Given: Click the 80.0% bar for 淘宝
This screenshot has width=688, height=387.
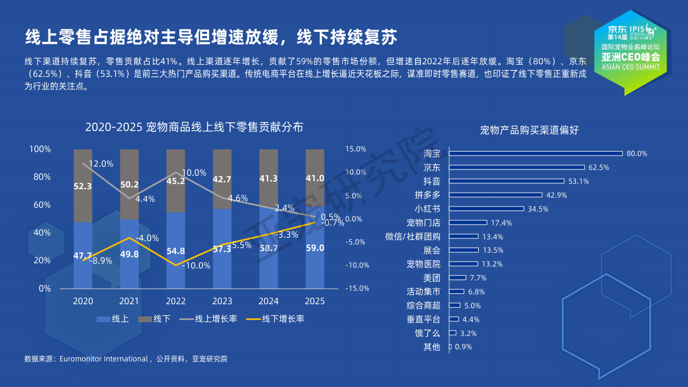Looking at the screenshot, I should tap(536, 153).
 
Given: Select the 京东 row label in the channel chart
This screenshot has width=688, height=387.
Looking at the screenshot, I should tap(431, 168).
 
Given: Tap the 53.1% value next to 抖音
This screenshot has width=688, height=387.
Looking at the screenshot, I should tap(578, 181).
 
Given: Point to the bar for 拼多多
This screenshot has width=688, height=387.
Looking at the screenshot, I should tap(496, 195).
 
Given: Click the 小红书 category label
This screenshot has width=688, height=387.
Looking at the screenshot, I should tap(427, 209).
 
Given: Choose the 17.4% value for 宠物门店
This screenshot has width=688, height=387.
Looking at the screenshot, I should tap(502, 223).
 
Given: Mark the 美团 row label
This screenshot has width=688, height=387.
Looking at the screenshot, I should tap(431, 278).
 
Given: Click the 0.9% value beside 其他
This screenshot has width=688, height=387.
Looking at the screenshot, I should tap(464, 347).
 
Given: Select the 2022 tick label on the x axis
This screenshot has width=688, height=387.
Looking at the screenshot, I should tap(176, 301).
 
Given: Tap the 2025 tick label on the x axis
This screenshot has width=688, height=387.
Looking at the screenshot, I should tap(315, 301).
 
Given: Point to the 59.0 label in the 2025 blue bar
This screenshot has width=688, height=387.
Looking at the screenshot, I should tap(315, 248).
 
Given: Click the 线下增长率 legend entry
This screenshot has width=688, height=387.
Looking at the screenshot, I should tap(275, 319).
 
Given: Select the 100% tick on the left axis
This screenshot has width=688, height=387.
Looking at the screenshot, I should tap(40, 149).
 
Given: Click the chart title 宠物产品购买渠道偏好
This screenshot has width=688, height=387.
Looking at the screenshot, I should tap(529, 130).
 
